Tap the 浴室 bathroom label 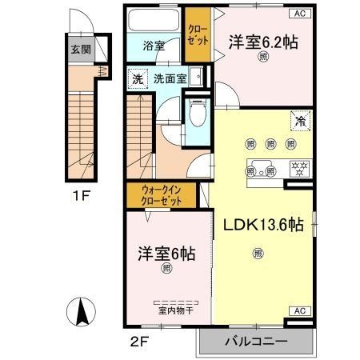click(154, 46)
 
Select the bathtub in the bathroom click(154, 22)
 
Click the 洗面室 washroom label click(170, 80)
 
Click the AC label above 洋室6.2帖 click(299, 14)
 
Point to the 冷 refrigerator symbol click(300, 122)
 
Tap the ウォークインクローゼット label click(161, 194)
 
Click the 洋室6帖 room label click(166, 253)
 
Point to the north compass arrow click(82, 309)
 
